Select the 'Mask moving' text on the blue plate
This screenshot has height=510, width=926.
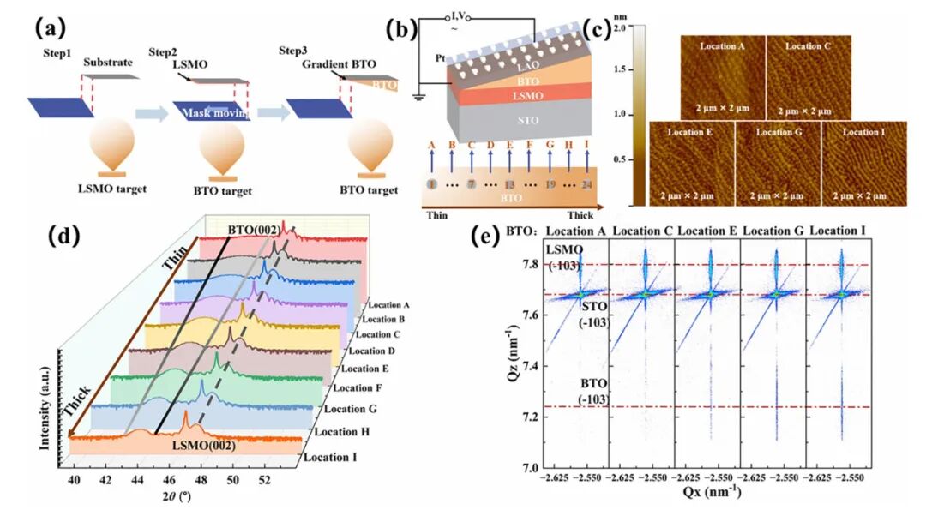pos(211,113)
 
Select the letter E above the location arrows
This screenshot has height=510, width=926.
pos(509,144)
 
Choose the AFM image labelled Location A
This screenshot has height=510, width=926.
pos(722,75)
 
